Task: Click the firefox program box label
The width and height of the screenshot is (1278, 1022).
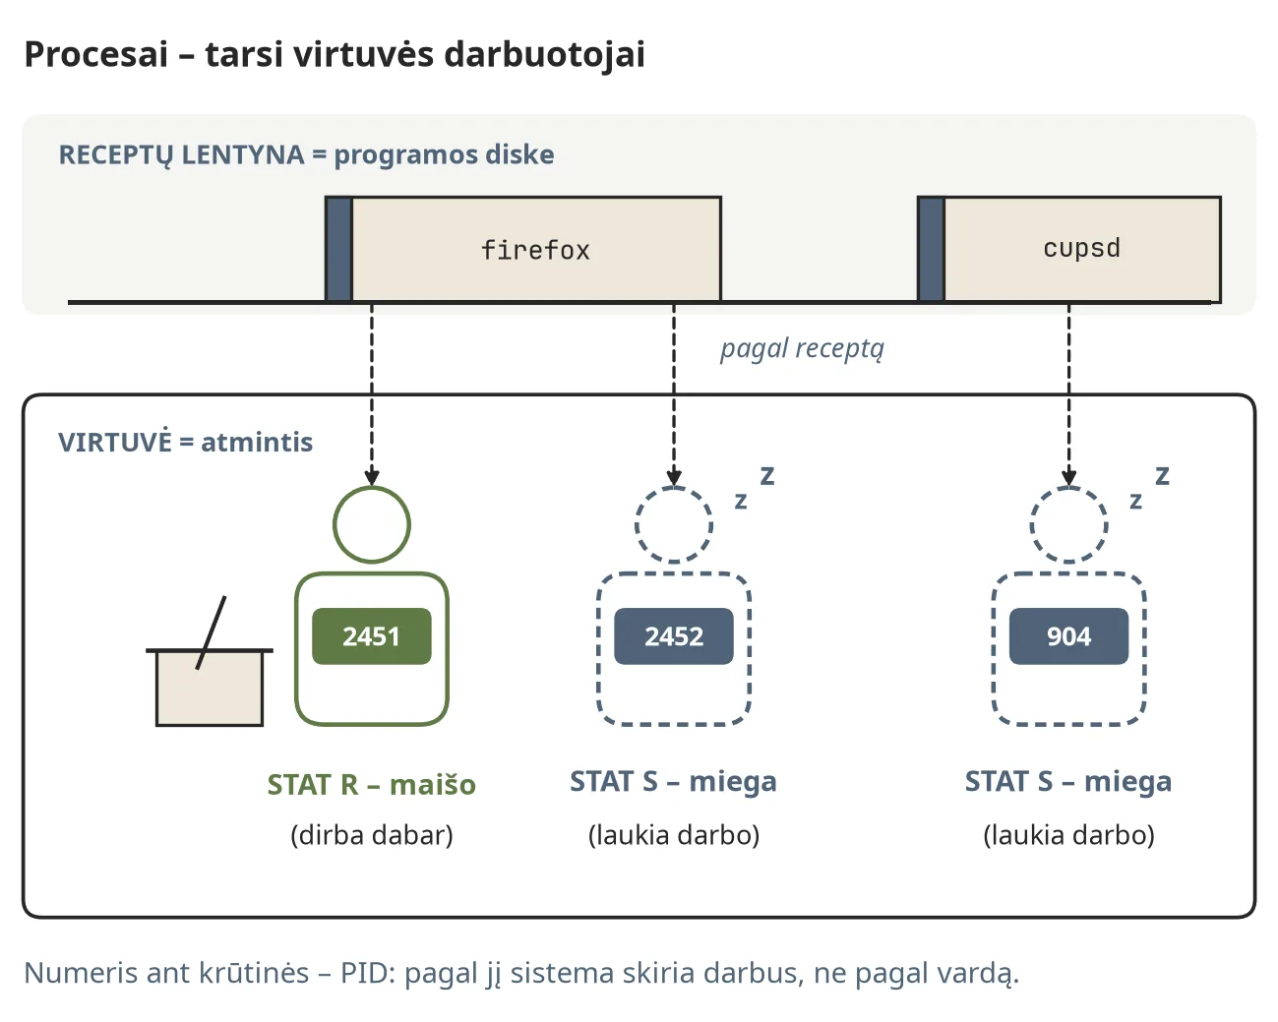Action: coord(535,251)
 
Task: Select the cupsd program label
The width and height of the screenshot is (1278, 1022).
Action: coord(1081,249)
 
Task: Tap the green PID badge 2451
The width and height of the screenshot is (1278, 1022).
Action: coord(372,636)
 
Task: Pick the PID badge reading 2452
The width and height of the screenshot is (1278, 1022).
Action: coord(674,636)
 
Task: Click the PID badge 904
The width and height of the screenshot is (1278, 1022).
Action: coord(1069,636)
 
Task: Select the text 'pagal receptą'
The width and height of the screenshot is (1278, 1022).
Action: coord(802,350)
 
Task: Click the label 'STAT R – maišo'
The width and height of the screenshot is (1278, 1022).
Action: coord(372,785)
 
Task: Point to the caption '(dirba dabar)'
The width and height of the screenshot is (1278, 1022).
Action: coord(372,835)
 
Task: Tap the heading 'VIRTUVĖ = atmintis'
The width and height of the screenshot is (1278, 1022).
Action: coord(185,443)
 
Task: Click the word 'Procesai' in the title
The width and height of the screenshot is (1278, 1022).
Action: coord(96,55)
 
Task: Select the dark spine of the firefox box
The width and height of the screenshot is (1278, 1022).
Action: coord(339,250)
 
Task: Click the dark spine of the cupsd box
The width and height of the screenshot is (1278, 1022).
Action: coord(931,250)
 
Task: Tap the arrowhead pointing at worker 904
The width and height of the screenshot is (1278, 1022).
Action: coord(1069,478)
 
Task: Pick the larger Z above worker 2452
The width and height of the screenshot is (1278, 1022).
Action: coord(767,476)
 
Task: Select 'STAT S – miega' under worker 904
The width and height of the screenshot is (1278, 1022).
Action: coord(1068,781)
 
